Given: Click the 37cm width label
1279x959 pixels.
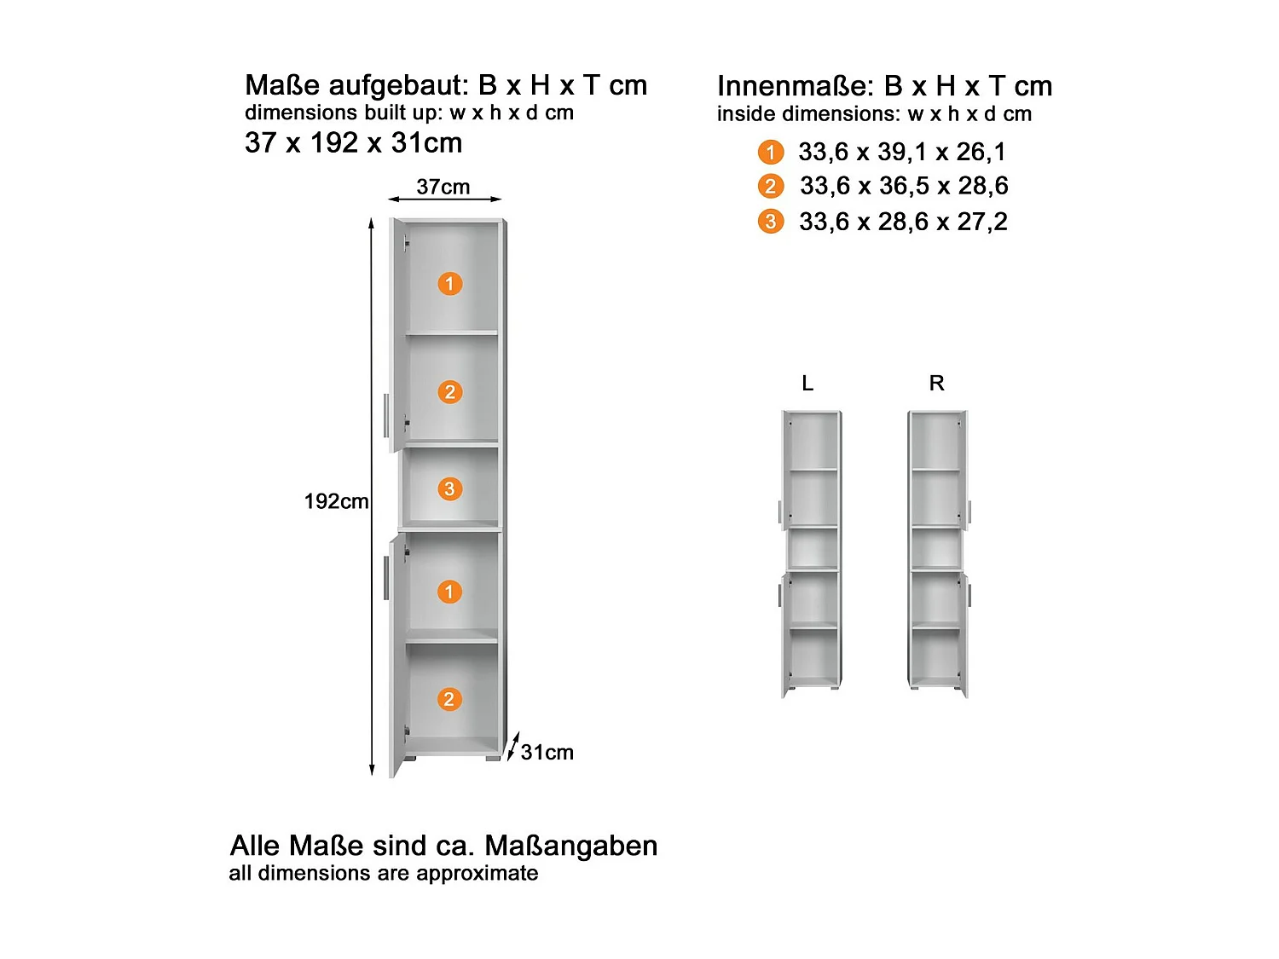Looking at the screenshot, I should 443,187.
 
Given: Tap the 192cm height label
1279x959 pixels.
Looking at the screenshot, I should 336,501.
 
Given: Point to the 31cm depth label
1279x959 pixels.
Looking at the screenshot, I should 547,752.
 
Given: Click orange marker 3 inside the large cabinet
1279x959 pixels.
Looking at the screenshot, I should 449,489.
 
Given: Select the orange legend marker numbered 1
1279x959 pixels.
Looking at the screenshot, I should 770,153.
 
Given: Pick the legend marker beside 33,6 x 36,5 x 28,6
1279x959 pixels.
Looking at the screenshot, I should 770,187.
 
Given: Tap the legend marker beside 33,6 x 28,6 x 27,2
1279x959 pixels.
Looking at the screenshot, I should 770,222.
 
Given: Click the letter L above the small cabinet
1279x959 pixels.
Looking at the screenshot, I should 807,384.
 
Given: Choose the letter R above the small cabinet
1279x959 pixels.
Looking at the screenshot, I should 936,384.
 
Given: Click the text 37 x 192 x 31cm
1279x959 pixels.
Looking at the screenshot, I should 353,142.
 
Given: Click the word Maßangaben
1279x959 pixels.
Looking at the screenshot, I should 570,846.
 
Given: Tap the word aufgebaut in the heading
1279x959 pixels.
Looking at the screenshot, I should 398,85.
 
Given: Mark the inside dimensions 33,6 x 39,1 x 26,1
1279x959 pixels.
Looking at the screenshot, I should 902,152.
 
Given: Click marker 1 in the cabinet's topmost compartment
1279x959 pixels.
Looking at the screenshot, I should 449,284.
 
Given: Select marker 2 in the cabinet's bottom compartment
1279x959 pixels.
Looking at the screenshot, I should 449,700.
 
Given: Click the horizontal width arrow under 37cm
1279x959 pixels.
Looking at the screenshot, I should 444,199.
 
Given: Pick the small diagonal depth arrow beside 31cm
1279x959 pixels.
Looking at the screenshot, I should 512,746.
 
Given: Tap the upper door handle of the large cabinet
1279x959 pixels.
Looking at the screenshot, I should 386,415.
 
